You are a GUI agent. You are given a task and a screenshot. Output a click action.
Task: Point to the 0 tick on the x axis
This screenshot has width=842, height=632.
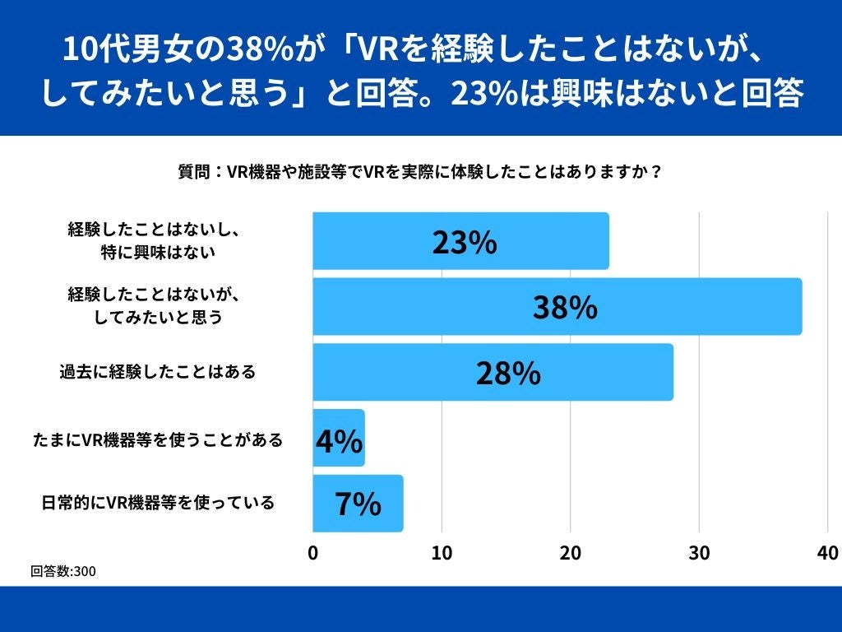[x=313, y=552]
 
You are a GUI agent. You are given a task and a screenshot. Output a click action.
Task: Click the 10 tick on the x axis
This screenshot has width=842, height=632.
[x=442, y=552]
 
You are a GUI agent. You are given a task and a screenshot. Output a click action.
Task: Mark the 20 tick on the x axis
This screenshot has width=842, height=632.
[x=571, y=552]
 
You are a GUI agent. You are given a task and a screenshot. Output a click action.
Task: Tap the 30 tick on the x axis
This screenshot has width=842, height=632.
[x=699, y=552]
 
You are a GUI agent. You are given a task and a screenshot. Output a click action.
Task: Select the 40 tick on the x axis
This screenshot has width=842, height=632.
[x=827, y=552]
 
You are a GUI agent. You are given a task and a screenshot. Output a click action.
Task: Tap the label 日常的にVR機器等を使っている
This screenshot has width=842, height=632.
[x=158, y=502]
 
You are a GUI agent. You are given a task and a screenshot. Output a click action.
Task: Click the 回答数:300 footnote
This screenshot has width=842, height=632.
[x=62, y=571]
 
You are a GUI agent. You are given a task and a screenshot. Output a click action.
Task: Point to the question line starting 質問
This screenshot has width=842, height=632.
[x=420, y=174]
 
